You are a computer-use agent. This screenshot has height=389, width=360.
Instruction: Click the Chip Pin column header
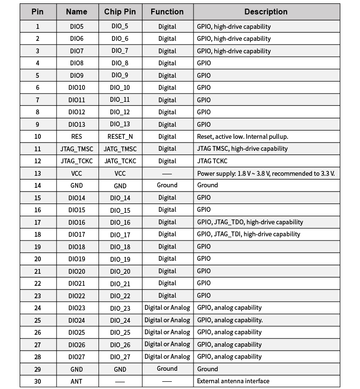(x=120, y=12)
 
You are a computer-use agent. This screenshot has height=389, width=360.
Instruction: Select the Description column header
(x=266, y=12)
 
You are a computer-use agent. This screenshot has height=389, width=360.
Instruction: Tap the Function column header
(x=167, y=12)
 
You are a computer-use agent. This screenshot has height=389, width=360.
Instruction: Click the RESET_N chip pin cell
(x=120, y=136)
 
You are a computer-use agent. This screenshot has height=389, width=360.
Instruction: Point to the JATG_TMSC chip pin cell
(x=120, y=149)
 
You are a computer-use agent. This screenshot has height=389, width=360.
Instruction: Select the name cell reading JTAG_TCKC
(x=77, y=161)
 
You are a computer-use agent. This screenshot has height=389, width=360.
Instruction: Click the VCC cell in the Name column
(x=77, y=173)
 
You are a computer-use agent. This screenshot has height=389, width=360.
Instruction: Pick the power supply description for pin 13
(x=265, y=173)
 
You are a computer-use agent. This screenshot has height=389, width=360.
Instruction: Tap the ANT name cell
(x=77, y=381)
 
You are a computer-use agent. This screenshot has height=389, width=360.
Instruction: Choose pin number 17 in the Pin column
(x=37, y=222)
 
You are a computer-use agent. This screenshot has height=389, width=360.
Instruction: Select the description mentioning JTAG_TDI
(x=249, y=234)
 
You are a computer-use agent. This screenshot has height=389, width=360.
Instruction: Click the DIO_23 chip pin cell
(x=120, y=308)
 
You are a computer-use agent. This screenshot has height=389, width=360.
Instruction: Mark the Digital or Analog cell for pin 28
(x=167, y=356)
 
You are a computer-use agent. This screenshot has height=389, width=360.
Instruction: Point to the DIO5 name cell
(x=77, y=26)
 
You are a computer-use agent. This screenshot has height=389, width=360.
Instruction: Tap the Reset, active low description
(x=242, y=136)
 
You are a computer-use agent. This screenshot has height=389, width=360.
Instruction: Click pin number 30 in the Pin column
(x=37, y=381)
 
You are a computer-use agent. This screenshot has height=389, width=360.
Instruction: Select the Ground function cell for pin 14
(x=167, y=185)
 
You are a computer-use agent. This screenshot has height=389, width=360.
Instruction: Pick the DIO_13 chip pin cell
(x=120, y=124)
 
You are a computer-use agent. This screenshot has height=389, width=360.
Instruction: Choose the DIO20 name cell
(x=77, y=271)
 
